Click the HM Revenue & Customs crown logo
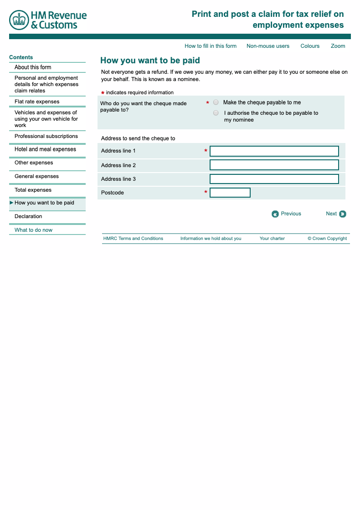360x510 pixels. click(x=19, y=20)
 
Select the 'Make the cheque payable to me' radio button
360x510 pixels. click(x=216, y=102)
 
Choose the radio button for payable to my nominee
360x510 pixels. click(x=216, y=113)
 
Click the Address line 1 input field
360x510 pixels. click(x=274, y=151)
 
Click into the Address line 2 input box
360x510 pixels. click(x=274, y=165)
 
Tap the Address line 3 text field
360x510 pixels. click(x=274, y=179)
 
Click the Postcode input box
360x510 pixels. click(x=230, y=193)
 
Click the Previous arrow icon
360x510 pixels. click(x=275, y=214)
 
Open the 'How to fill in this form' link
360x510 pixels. click(x=211, y=46)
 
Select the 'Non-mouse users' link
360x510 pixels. click(x=268, y=46)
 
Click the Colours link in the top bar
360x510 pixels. click(x=310, y=46)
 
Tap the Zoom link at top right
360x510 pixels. click(x=338, y=46)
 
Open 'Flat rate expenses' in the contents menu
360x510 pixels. click(x=37, y=102)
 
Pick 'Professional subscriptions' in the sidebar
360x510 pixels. click(x=46, y=136)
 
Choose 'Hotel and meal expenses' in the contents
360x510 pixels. click(x=45, y=149)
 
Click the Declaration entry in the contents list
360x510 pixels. click(x=28, y=216)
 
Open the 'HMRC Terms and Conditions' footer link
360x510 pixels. click(x=133, y=239)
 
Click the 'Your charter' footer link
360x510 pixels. click(x=272, y=239)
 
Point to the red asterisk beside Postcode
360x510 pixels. click(x=206, y=193)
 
